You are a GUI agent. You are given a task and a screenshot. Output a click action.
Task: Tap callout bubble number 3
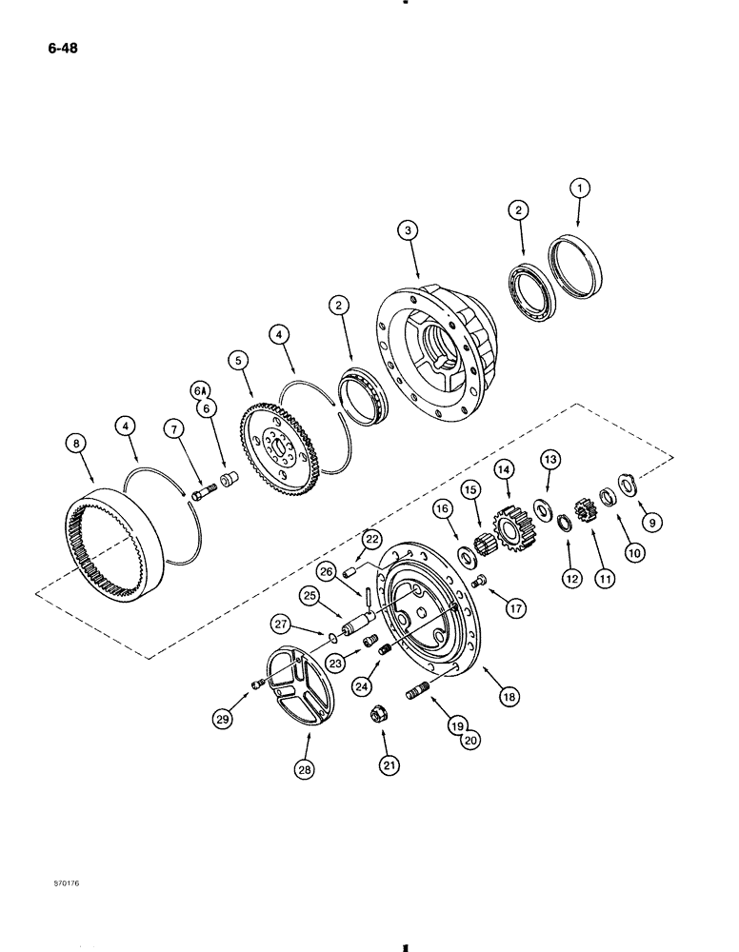click(x=407, y=229)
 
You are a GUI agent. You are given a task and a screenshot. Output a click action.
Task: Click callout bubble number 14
click(x=503, y=469)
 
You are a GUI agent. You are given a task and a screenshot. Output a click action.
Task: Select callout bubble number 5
click(x=237, y=360)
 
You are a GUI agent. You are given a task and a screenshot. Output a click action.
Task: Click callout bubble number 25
click(x=308, y=598)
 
